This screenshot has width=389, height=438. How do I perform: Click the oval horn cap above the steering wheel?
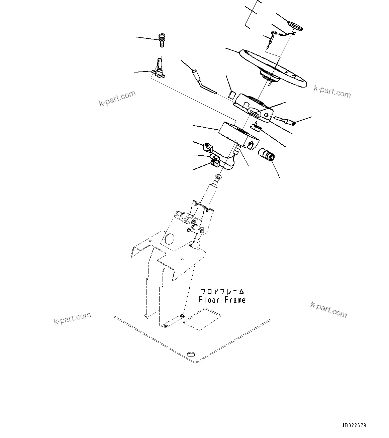point(295,26)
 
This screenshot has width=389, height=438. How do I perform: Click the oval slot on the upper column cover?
point(256,113)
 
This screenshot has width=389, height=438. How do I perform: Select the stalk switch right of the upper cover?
point(286,121)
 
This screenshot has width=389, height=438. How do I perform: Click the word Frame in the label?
point(235,300)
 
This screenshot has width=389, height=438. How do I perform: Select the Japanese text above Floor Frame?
point(222,292)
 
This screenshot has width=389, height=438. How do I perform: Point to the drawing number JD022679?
point(354,426)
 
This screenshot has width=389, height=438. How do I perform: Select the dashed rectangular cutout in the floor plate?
point(201,319)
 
